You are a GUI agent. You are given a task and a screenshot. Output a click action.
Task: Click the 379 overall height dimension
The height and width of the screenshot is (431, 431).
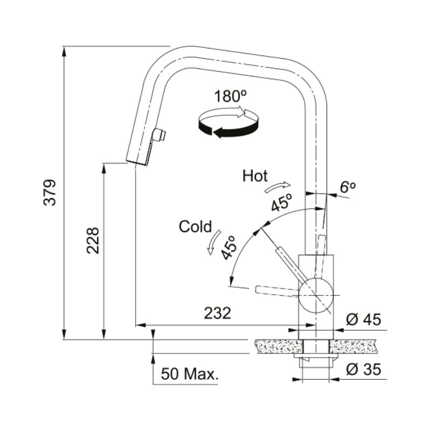pyautogui.click(x=50, y=192)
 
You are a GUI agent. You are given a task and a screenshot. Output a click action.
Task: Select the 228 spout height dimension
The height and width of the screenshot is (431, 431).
pyautogui.click(x=93, y=240)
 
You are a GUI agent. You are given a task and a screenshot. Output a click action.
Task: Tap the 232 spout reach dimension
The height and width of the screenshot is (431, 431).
pyautogui.click(x=218, y=313)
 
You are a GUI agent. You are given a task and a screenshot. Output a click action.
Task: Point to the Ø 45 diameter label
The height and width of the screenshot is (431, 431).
pyautogui.click(x=363, y=319)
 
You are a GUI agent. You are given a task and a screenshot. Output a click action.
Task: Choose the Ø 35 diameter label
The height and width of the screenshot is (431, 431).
pyautogui.click(x=363, y=369)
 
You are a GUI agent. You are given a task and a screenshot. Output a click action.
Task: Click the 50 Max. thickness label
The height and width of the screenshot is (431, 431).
pyautogui.click(x=190, y=373)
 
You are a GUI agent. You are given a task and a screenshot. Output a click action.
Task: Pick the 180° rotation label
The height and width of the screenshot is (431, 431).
pyautogui.click(x=231, y=96)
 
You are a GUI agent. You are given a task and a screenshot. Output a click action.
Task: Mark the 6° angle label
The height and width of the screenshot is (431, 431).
pyautogui.click(x=347, y=187)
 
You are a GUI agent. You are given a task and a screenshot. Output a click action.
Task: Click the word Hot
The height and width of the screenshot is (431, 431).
pyautogui.click(x=255, y=176)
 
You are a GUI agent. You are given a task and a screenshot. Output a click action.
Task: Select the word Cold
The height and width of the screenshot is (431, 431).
pyautogui.click(x=196, y=226)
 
